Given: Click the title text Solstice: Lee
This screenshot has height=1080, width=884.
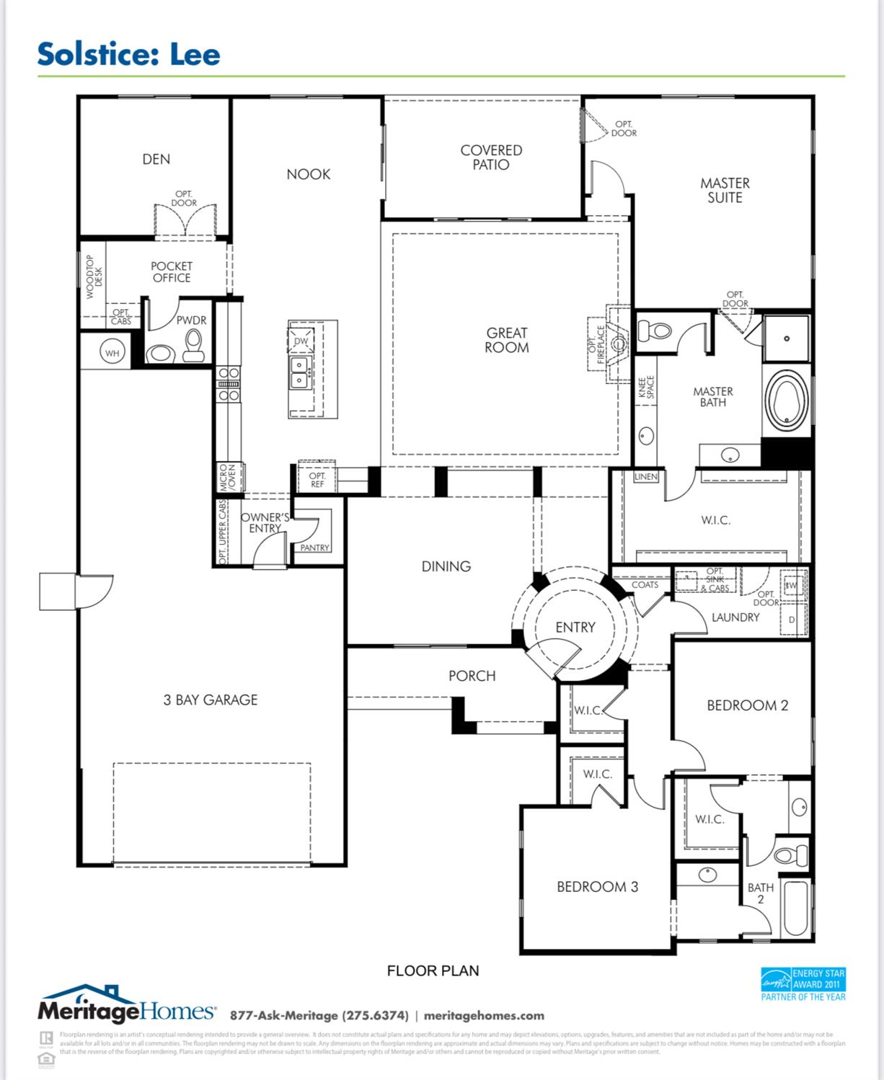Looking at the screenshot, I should [x=128, y=55].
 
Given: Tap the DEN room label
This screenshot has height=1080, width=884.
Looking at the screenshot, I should [x=156, y=159].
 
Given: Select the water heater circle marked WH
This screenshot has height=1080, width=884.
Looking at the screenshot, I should [x=112, y=353].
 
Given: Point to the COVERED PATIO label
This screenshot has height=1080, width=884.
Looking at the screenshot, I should [x=491, y=157].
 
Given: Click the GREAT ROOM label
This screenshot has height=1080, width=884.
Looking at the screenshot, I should [x=507, y=340].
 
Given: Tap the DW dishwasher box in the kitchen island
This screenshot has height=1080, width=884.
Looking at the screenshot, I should [x=301, y=341].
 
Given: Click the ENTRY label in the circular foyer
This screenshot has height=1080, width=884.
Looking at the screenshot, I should [x=575, y=628].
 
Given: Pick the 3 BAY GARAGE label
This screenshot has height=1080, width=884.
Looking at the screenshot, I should [x=210, y=700].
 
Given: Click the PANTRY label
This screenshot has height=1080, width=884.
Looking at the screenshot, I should [x=314, y=548].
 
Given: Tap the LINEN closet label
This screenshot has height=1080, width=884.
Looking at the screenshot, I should [x=646, y=476].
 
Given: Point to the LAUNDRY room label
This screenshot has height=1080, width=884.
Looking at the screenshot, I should [x=735, y=617].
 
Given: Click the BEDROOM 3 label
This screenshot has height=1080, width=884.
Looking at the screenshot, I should [x=597, y=887].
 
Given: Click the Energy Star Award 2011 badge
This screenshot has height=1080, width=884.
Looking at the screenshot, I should [x=803, y=984].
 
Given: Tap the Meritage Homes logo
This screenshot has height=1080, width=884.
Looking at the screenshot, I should [x=126, y=1006].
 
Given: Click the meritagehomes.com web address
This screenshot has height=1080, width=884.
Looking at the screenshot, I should [x=484, y=1015].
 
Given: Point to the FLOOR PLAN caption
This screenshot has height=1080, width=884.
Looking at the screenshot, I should [x=433, y=970].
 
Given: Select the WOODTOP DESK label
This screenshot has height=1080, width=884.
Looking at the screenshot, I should [x=94, y=276].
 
